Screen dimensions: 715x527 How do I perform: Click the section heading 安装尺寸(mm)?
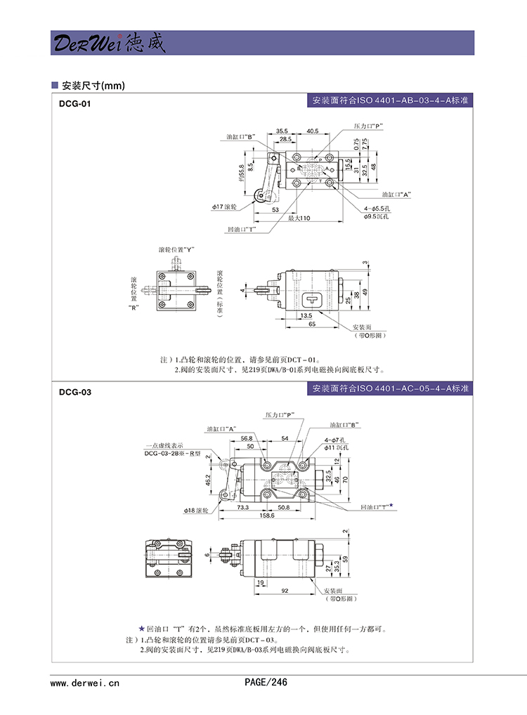click(93, 86)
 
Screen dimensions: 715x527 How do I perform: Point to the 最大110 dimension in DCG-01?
click(299, 218)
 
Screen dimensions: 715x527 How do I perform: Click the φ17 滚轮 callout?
click(225, 207)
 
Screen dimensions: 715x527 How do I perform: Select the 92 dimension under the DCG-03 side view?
click(285, 591)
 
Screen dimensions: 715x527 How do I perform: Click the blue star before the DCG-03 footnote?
click(141, 629)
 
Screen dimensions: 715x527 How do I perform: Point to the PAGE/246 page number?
click(266, 681)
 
